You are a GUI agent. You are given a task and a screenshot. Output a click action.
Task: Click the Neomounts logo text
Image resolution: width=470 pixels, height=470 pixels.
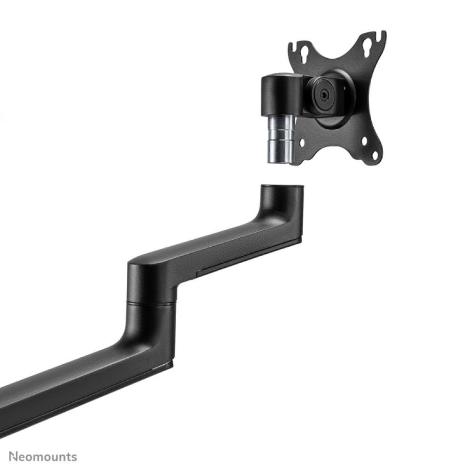point(42,456)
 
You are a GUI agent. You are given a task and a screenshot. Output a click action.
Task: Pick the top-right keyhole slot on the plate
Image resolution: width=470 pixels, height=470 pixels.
point(367,47)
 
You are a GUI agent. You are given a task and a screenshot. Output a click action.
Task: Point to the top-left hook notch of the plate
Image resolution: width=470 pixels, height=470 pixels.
point(292,47)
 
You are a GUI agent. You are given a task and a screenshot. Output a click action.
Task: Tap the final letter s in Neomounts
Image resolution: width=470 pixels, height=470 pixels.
point(74,457)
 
